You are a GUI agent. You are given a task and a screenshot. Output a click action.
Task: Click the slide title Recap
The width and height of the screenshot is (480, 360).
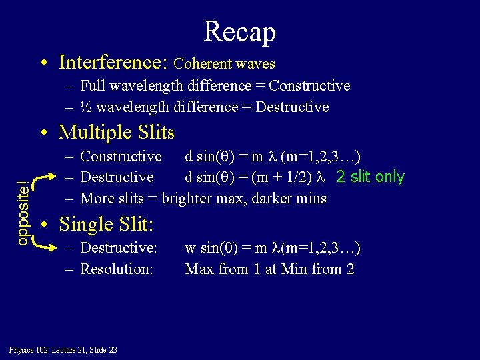tap(239, 31)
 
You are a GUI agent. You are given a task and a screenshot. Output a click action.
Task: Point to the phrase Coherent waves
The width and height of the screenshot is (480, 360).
tap(224, 64)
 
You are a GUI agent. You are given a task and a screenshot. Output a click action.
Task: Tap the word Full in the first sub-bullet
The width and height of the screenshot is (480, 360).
tap(92, 86)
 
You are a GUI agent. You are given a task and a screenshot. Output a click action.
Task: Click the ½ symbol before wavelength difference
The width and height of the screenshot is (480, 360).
tap(85, 107)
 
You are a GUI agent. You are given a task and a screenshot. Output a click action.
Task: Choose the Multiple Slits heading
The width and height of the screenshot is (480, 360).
tap(116, 132)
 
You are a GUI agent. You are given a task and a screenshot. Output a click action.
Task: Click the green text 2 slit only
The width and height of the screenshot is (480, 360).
tap(370, 177)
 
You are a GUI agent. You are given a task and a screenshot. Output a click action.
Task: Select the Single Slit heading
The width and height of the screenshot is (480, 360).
tap(106, 224)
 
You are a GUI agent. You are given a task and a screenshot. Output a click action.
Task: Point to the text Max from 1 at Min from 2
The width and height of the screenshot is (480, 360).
tap(269, 269)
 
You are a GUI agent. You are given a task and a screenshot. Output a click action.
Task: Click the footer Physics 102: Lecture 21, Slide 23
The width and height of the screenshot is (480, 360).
tap(63, 350)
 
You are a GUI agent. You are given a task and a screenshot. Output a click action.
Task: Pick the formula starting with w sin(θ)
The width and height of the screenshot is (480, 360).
tap(272, 248)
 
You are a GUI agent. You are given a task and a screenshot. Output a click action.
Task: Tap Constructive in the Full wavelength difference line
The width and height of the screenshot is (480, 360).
tap(309, 86)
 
